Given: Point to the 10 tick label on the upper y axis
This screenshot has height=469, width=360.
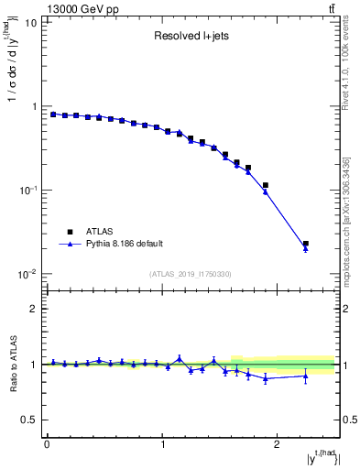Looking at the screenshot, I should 31,23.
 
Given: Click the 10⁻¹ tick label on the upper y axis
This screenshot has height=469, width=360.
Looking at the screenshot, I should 28,190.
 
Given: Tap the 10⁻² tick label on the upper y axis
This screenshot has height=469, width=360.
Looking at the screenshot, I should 28,274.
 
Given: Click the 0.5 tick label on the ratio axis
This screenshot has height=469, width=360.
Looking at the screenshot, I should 28,420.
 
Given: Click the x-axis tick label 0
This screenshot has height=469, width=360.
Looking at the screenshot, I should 47,444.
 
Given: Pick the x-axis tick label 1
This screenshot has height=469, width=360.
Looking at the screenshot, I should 163,444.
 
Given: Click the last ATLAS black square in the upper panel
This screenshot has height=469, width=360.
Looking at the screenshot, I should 306,245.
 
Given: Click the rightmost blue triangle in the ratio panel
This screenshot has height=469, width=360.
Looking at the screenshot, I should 306,376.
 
